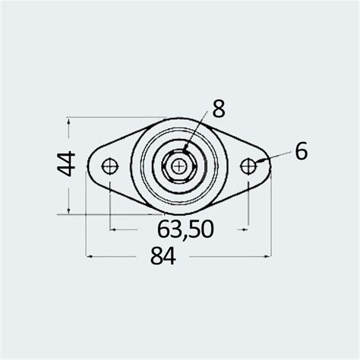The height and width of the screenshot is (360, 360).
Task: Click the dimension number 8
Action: pyautogui.click(x=219, y=109)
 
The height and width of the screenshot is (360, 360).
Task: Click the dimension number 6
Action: pyautogui.click(x=301, y=152)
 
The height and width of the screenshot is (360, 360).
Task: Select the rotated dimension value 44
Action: pyautogui.click(x=66, y=165)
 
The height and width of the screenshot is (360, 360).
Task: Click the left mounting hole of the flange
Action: pyautogui.click(x=111, y=165)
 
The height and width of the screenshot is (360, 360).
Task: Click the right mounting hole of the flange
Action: pyautogui.click(x=248, y=165)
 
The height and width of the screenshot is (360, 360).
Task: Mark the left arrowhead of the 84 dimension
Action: pyautogui.click(x=90, y=257)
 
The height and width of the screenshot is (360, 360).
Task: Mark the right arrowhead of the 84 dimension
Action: pyautogui.click(x=269, y=257)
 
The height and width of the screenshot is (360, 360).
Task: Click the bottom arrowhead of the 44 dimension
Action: pyautogui.click(x=70, y=210)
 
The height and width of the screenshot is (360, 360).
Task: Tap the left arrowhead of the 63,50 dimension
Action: pyautogui.click(x=115, y=227)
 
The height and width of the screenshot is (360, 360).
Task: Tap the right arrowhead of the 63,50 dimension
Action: pyautogui.click(x=245, y=227)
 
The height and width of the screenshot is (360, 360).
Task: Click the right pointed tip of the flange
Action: pyautogui.click(x=270, y=166)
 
